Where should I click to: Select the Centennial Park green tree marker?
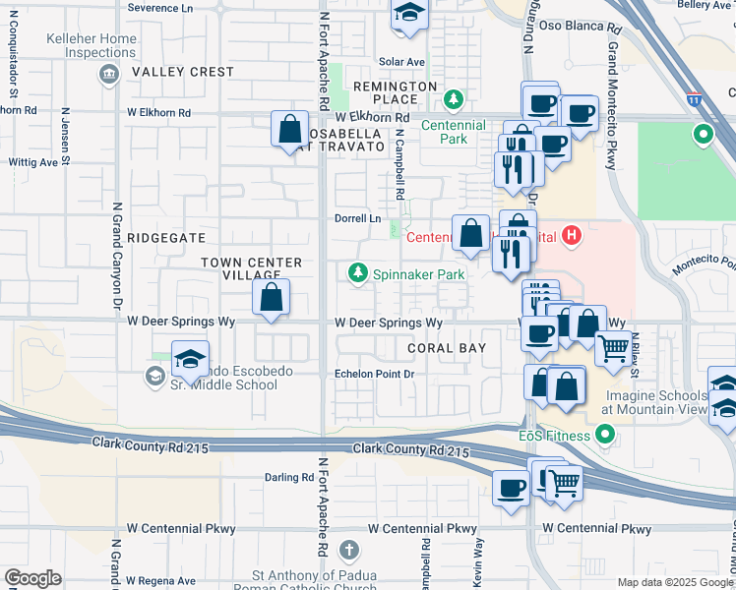453,99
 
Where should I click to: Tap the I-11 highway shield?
695,99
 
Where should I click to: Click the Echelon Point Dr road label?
376,374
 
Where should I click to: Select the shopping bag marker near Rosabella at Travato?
290,129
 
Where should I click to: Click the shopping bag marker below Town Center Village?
272,296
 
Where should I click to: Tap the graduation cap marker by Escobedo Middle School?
190,359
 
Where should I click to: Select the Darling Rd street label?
288,478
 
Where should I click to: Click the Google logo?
32,578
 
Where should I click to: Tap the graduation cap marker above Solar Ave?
407,14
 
